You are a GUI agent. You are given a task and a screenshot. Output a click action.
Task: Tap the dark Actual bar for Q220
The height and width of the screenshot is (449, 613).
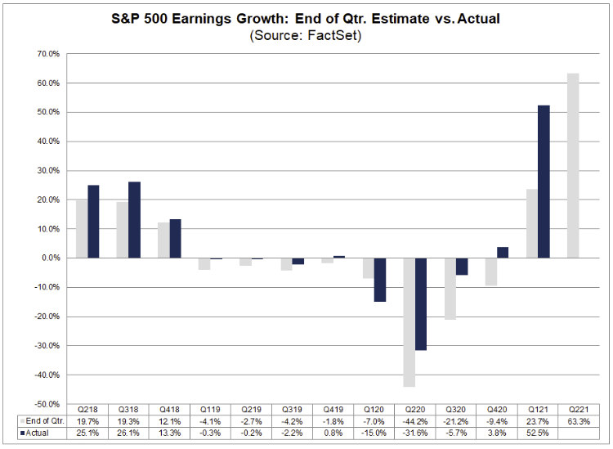(421, 304)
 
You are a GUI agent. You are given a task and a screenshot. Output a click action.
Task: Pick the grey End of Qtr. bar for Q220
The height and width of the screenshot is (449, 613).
(409, 322)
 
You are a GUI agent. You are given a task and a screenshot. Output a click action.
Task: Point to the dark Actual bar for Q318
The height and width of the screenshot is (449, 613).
(134, 220)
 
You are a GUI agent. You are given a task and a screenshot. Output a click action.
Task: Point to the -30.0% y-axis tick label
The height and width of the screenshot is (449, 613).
(47, 346)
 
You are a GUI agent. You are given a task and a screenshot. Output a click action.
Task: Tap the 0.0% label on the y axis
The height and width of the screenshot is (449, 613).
(51, 258)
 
